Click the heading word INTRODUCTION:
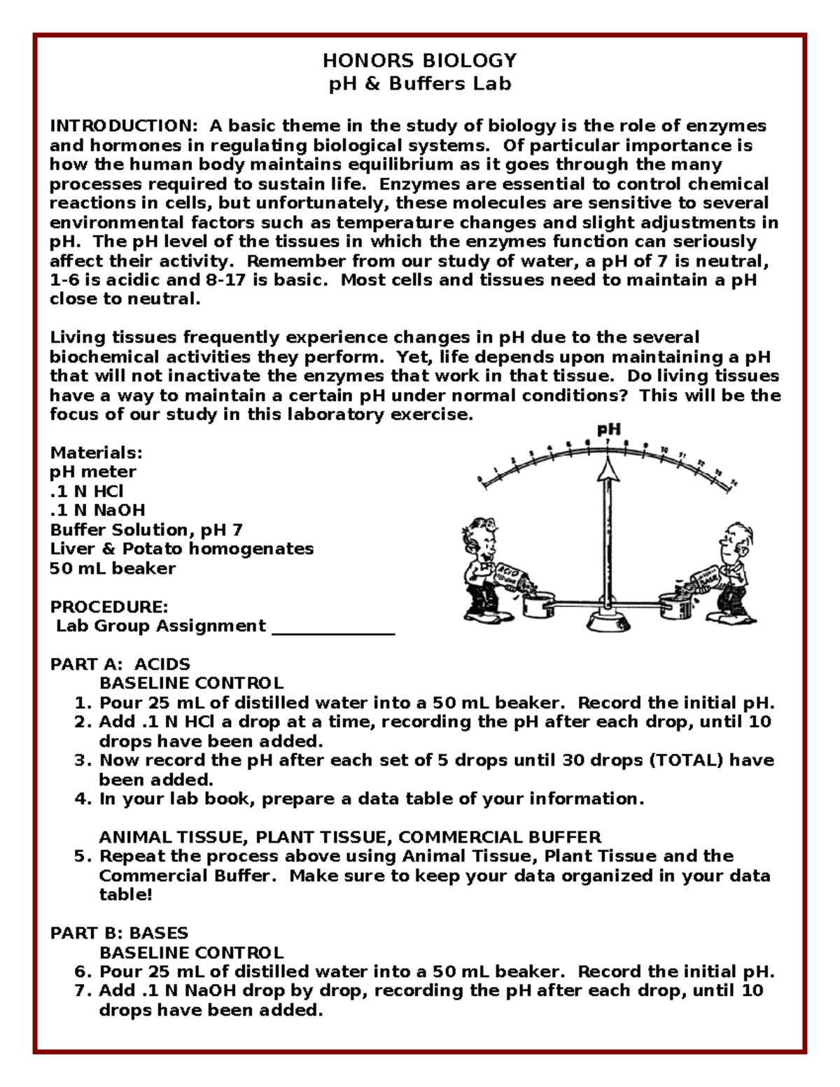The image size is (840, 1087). click(124, 126)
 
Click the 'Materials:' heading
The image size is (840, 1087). click(96, 452)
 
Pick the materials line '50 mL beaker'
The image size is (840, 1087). click(113, 568)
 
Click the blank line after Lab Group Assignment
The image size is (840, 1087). click(333, 627)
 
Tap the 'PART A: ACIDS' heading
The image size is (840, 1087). click(120, 664)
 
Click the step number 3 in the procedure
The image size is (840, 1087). click(82, 761)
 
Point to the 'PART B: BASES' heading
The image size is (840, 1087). click(119, 933)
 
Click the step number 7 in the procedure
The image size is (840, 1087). click(82, 991)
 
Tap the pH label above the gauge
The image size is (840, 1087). click(608, 430)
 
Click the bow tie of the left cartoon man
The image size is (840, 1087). click(483, 561)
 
